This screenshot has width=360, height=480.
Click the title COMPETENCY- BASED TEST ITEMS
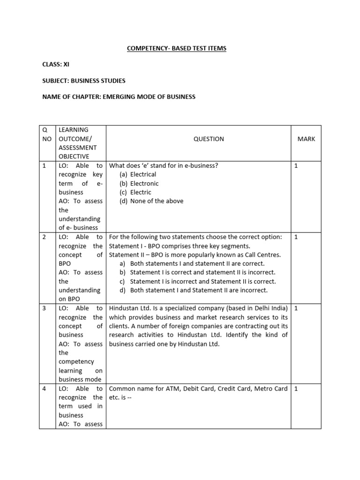click(176, 48)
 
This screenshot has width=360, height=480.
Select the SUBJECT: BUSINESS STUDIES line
click(83, 81)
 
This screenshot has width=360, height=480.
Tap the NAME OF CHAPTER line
click(119, 97)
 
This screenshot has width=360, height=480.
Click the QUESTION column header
click(209, 139)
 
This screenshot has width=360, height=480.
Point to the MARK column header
click(306, 139)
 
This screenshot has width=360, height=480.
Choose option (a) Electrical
click(138, 174)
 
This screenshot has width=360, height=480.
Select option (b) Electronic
click(139, 183)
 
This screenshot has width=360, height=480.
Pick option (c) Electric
click(135, 192)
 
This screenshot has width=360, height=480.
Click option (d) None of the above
click(151, 201)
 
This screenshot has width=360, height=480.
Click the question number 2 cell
click(44, 237)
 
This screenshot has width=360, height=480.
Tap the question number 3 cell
click(44, 308)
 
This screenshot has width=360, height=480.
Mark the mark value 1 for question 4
click(296, 389)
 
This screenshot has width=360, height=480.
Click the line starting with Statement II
click(195, 255)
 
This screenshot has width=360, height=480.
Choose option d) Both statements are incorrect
click(194, 290)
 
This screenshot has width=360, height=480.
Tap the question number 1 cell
click(44, 166)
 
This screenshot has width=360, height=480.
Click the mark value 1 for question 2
click(296, 237)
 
